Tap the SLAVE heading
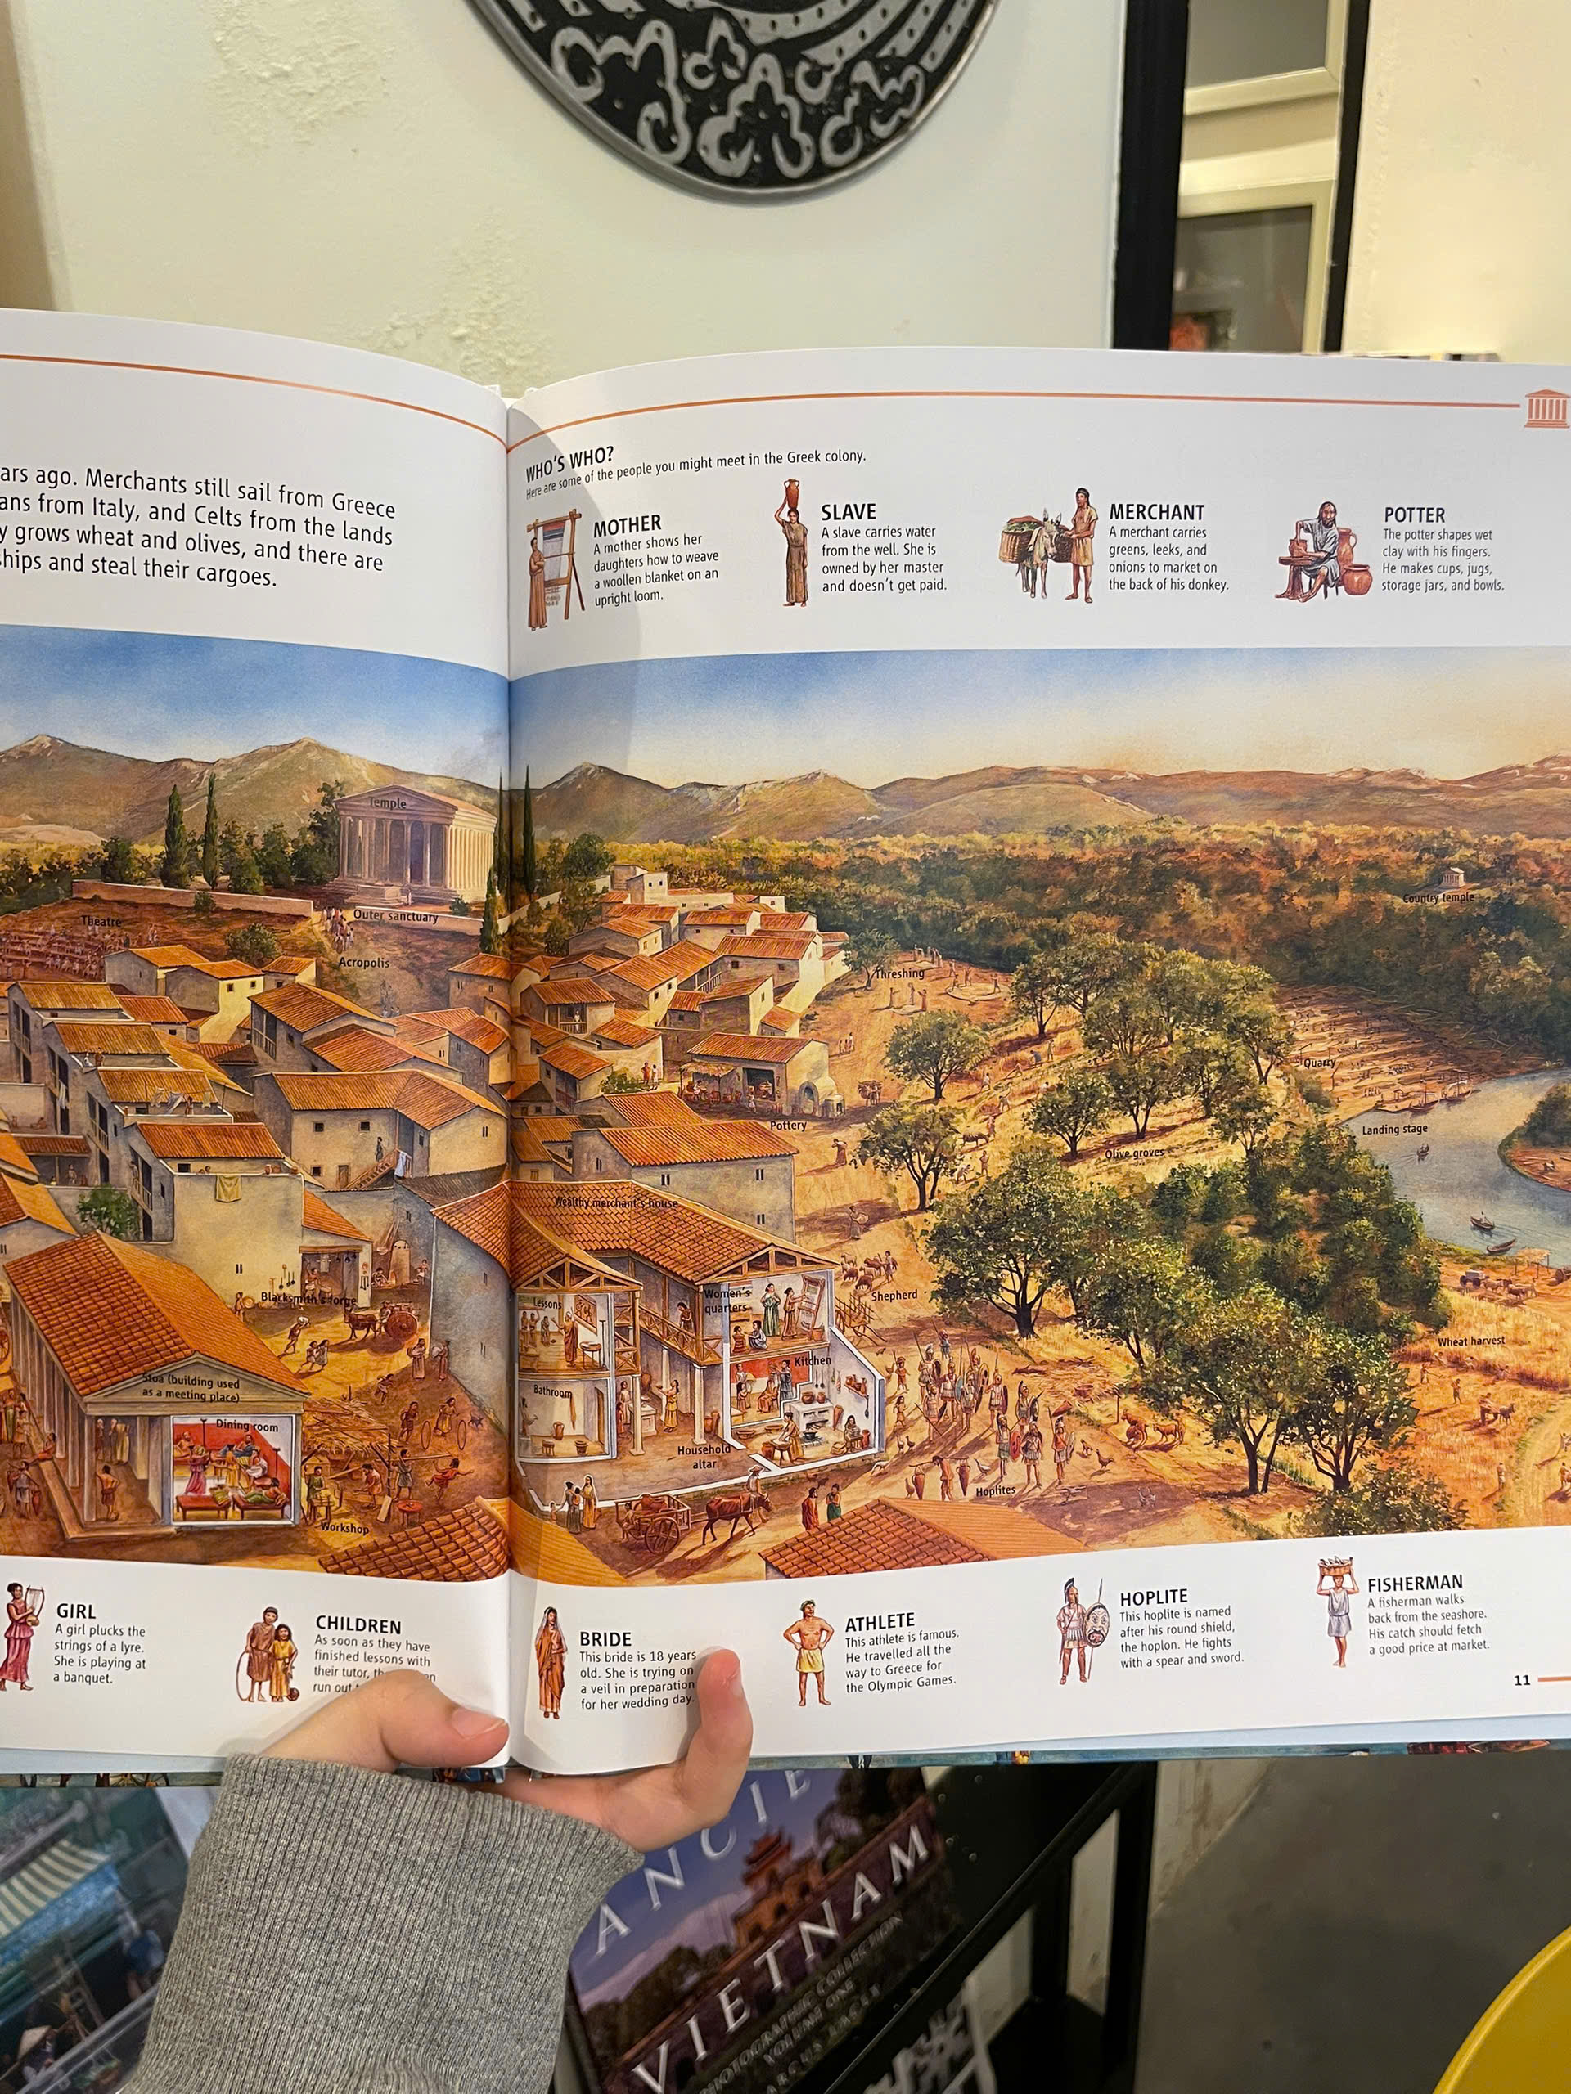[x=848, y=513]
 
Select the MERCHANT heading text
[x=1156, y=513]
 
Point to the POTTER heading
[x=1414, y=515]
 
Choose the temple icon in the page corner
[x=1546, y=409]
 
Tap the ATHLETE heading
[x=880, y=1621]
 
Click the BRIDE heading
[x=605, y=1638]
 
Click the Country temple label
[x=1438, y=897]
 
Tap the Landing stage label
[x=1394, y=1130]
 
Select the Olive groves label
[x=1134, y=1153]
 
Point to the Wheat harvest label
[x=1470, y=1341]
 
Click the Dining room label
[x=246, y=1425]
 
